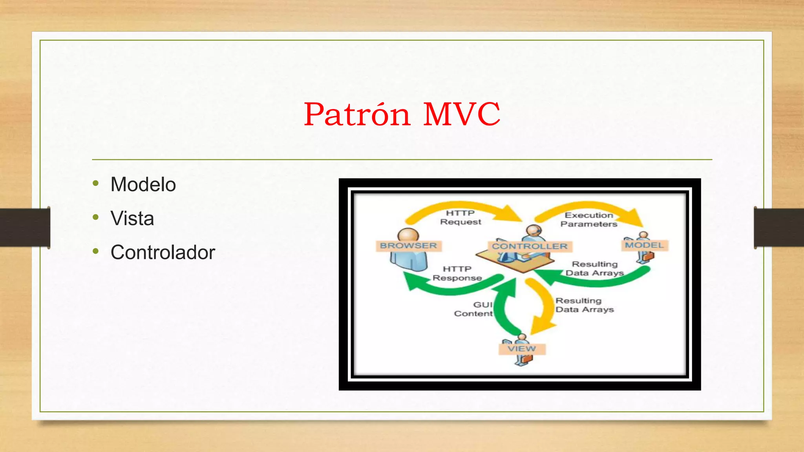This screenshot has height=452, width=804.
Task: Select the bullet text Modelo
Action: coord(143,184)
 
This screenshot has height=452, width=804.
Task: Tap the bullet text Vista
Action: coord(132,218)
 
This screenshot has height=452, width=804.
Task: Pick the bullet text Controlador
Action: coord(163,252)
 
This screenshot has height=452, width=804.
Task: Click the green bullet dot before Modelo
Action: coord(96,183)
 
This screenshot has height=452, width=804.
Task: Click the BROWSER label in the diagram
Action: coord(408,246)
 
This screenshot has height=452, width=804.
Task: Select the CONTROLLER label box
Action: coord(530,246)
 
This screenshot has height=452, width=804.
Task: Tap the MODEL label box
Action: coord(644,245)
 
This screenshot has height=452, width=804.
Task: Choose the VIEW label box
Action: coord(521,349)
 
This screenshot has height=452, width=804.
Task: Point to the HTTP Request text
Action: coord(460,217)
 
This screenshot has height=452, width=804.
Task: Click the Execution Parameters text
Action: coord(588,219)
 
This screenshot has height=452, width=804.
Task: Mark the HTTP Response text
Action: coord(457,273)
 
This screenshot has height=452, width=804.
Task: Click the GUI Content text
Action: coord(473,309)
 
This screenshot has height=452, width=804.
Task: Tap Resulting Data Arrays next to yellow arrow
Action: coord(584,305)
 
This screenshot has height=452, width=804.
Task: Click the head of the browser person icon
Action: coord(408,235)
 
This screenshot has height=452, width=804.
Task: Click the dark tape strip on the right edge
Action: coord(779,228)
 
